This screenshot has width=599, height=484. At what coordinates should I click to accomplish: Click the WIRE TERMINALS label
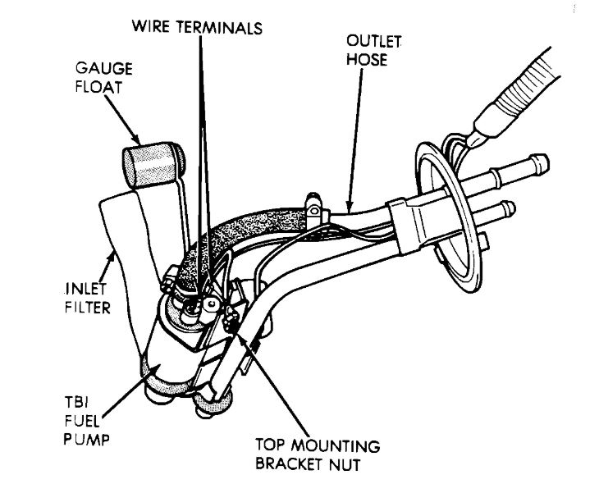(x=196, y=26)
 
